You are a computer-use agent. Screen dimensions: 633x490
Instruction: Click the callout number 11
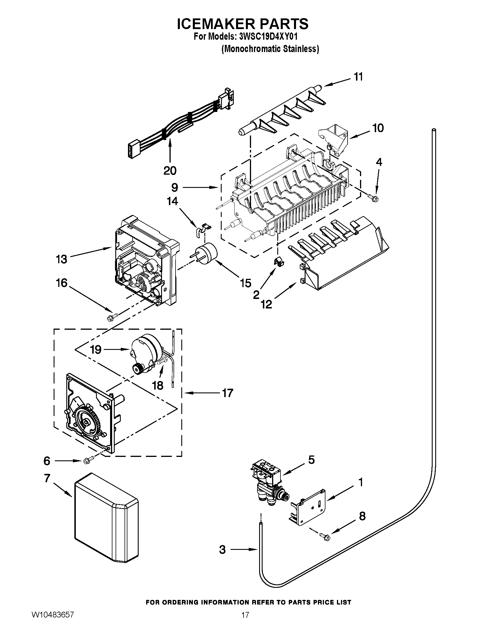359,77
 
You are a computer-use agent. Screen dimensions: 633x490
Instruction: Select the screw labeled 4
374,198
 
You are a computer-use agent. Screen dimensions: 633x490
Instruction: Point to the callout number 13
62,259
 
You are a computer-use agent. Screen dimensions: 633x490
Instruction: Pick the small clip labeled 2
279,262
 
